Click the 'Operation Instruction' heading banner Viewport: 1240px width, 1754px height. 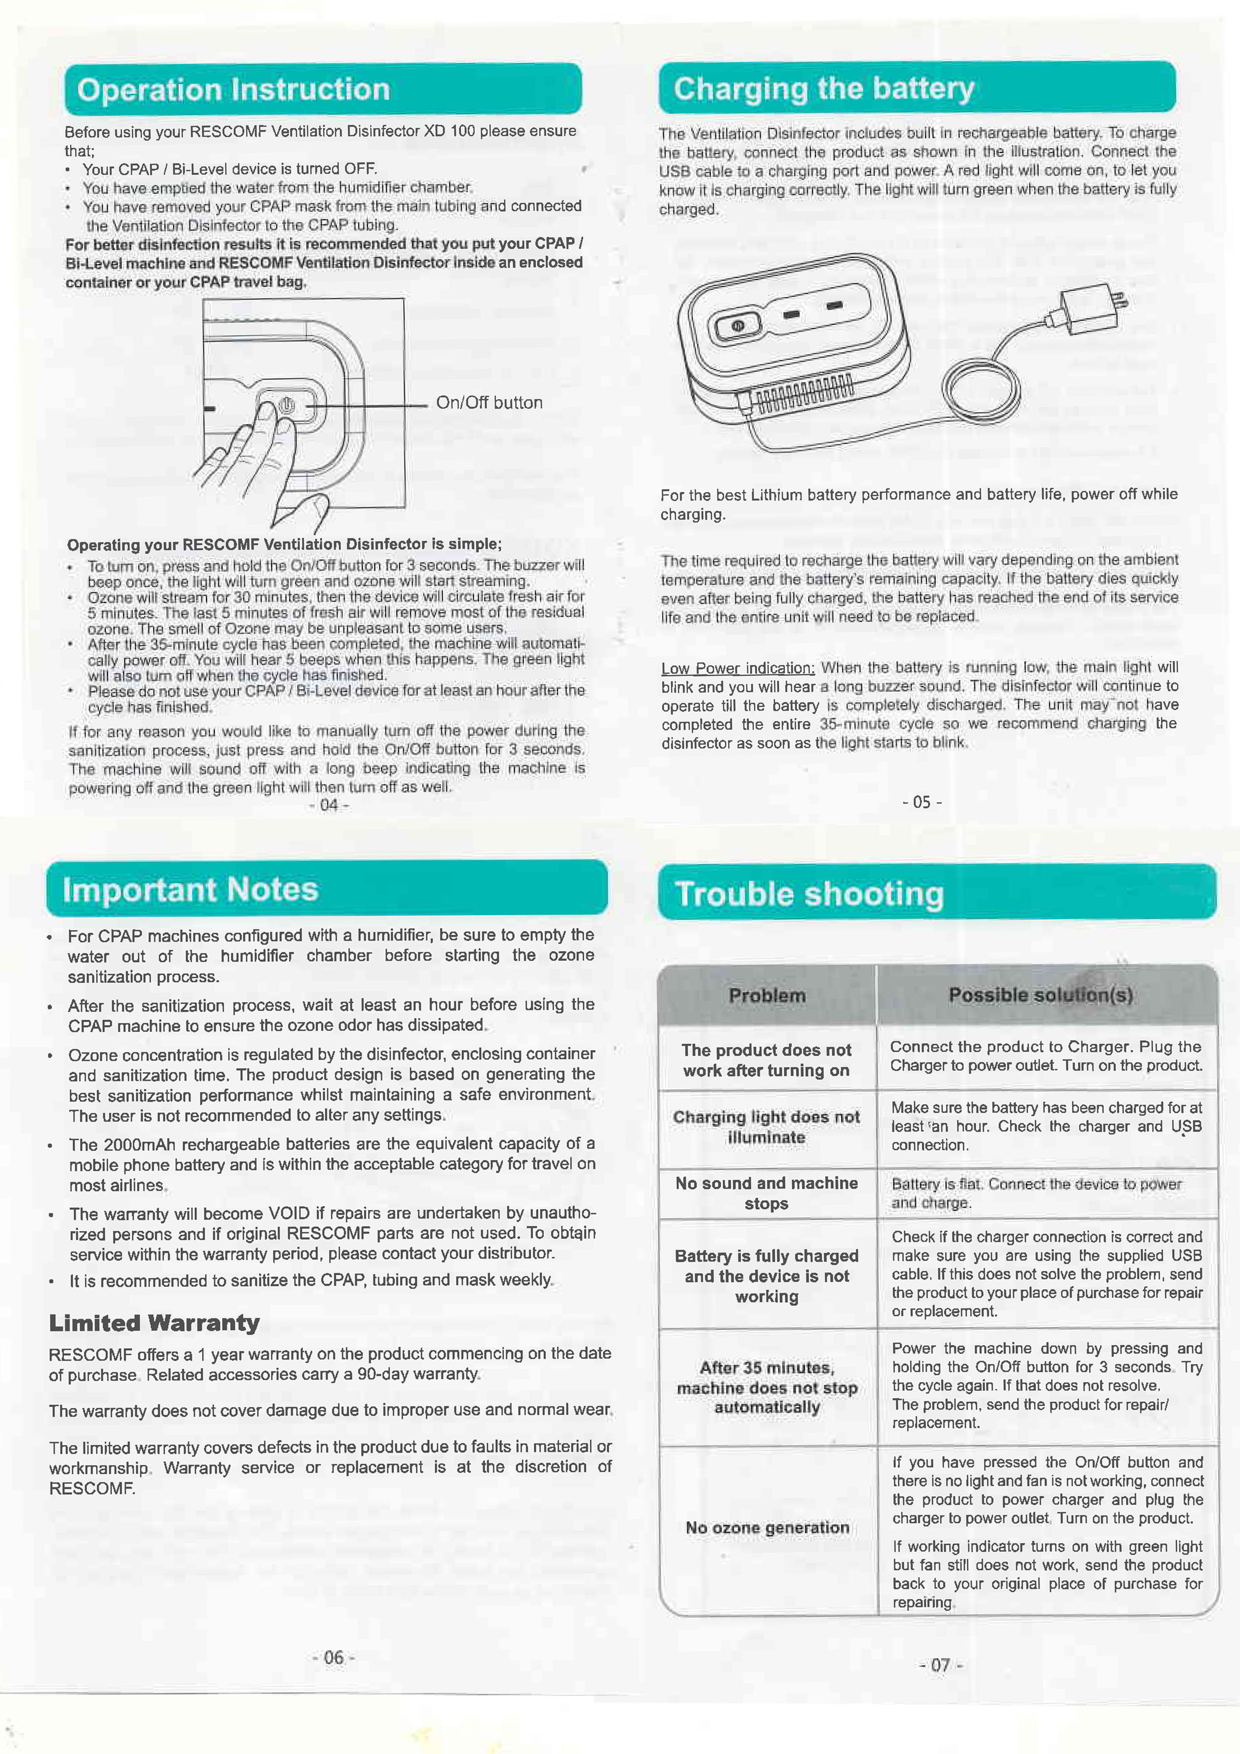322,89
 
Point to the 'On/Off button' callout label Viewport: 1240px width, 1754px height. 489,402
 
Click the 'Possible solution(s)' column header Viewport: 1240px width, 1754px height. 1040,994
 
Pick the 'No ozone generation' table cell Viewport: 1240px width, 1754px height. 767,1527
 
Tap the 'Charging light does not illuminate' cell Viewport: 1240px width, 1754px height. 766,1127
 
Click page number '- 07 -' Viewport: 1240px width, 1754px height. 940,1664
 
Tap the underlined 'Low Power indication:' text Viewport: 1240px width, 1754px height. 738,668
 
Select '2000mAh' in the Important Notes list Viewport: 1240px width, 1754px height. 140,1143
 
